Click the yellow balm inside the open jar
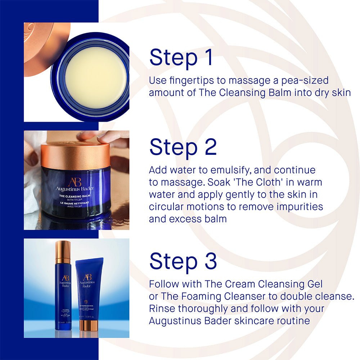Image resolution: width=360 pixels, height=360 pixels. [95, 77]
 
